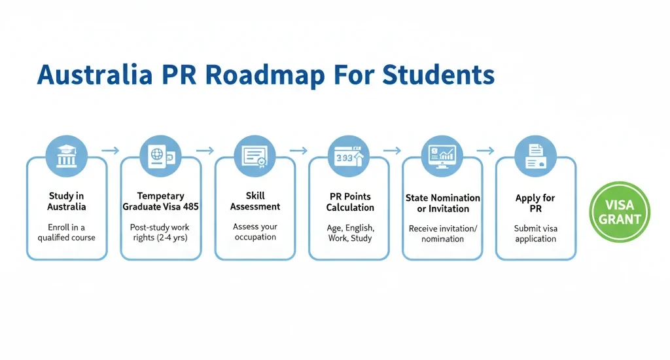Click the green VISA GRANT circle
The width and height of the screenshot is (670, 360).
(620, 211)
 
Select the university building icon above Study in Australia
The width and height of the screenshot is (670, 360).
(66, 158)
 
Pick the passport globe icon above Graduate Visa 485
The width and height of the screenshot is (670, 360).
(160, 158)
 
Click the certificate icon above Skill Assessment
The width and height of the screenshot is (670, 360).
(255, 157)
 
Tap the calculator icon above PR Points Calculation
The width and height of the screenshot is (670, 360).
(349, 158)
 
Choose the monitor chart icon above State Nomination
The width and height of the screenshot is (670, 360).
(442, 157)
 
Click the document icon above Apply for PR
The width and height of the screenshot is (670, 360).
(535, 158)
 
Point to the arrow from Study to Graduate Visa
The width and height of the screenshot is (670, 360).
(111, 151)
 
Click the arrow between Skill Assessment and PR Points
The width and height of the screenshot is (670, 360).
(298, 151)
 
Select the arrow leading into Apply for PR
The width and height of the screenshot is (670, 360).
(485, 151)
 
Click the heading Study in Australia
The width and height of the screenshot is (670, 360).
(66, 201)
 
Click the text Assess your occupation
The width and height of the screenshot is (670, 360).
(255, 232)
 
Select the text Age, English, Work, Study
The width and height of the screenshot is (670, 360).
(349, 233)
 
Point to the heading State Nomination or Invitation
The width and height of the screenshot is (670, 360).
(443, 203)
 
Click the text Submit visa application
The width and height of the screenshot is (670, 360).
(535, 233)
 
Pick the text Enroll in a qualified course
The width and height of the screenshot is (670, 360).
(66, 232)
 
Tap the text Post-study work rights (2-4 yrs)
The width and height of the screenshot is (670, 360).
(160, 232)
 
